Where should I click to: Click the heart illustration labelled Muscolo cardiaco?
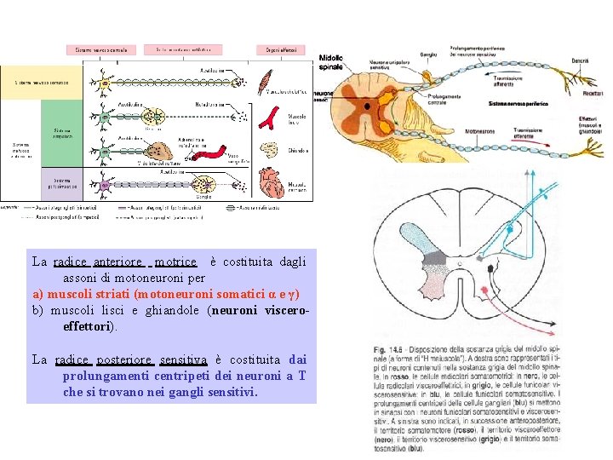[x=272, y=180]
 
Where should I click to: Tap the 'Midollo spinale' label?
[x=331, y=61]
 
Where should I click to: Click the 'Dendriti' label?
[x=581, y=61]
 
